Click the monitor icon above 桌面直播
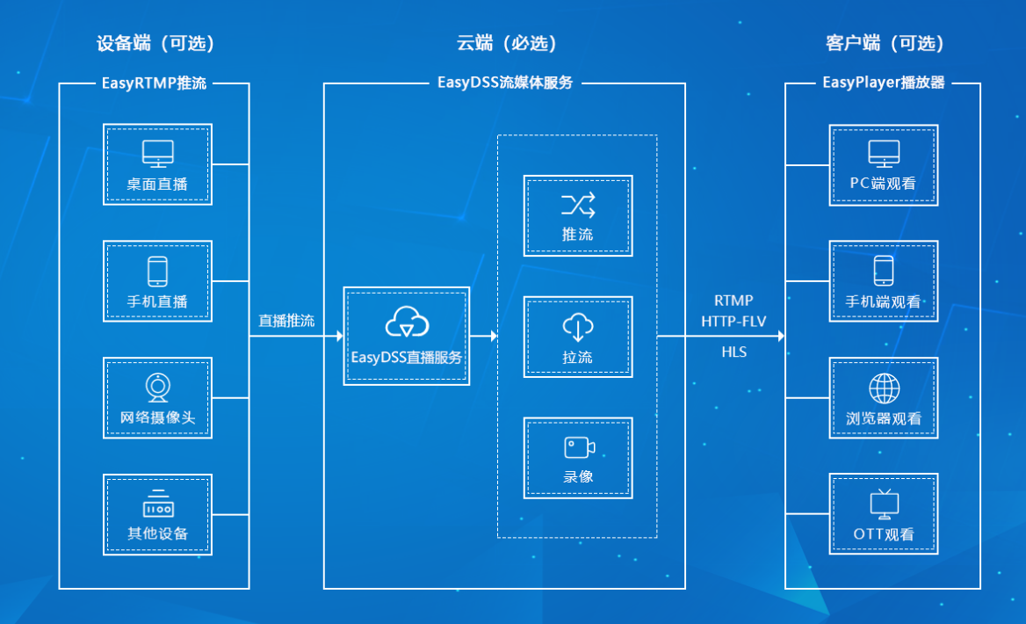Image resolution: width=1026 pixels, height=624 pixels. (157, 153)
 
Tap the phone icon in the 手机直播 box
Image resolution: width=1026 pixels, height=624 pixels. (157, 271)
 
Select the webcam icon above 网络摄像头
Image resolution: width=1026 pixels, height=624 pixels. (157, 387)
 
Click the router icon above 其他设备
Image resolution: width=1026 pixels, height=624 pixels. (157, 504)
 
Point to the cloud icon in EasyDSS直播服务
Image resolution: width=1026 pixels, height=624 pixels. (407, 323)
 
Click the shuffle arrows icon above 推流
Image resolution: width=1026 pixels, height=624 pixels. (578, 206)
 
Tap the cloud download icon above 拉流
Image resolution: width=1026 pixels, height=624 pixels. (578, 327)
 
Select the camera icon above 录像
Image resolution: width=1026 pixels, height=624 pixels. (578, 447)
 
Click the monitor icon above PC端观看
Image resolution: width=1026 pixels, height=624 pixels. (884, 153)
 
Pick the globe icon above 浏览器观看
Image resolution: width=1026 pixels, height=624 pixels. (884, 388)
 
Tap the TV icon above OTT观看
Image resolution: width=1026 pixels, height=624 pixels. (884, 504)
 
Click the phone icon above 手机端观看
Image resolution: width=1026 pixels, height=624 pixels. (884, 271)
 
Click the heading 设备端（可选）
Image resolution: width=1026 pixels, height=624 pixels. (155, 43)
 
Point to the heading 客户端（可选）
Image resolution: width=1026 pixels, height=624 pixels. (885, 43)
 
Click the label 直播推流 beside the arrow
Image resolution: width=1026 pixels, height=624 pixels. (286, 321)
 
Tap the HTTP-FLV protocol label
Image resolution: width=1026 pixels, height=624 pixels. (733, 322)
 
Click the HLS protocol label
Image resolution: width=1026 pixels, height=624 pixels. (733, 351)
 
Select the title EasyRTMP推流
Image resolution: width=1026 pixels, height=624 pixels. (155, 83)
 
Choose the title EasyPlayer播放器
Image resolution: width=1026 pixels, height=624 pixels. (884, 83)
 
